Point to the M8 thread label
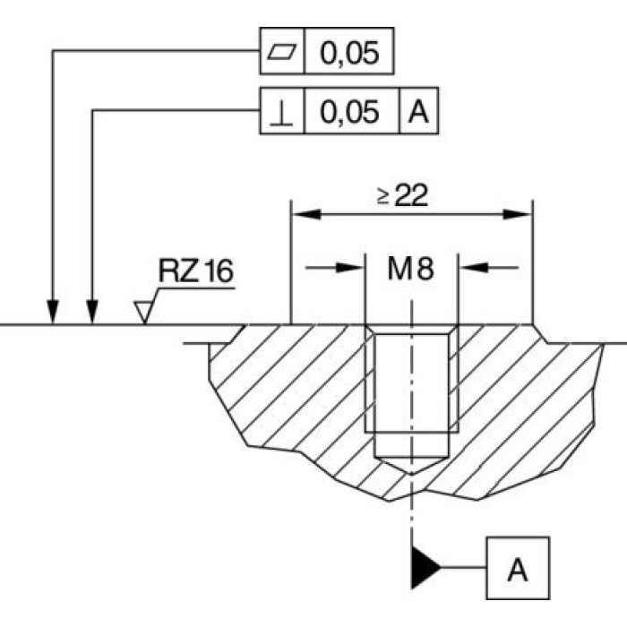coord(411,269)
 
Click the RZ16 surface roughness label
coord(195,271)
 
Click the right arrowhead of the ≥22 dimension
coord(519,215)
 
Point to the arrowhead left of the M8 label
coord(353,267)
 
